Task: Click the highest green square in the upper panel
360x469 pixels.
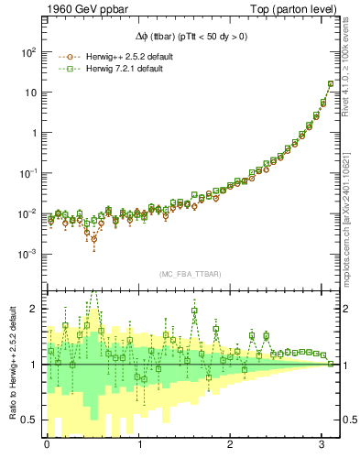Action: click(x=331, y=84)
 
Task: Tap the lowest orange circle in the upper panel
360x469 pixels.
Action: click(x=94, y=245)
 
